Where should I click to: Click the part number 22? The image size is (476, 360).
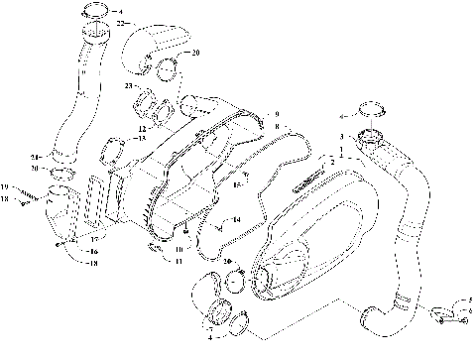pos(120,22)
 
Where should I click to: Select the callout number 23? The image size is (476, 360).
pos(129,87)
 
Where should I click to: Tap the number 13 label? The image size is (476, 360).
pos(142,138)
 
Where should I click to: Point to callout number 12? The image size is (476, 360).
pos(143,128)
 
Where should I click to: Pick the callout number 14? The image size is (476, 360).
pos(237,219)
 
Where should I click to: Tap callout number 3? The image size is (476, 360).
pos(341,136)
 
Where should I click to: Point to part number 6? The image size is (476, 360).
pos(469,308)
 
